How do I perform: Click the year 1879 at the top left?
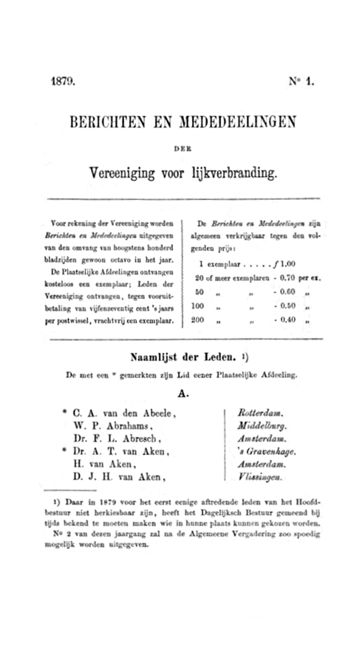coord(63,81)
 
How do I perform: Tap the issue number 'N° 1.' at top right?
coord(301,81)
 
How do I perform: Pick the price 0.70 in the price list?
coord(288,277)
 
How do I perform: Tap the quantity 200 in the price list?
coord(198,320)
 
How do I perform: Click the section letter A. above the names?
coord(183,393)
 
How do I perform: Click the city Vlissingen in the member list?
coord(260,477)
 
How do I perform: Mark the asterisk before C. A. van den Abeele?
coord(64,411)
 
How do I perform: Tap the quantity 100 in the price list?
coord(198,306)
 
